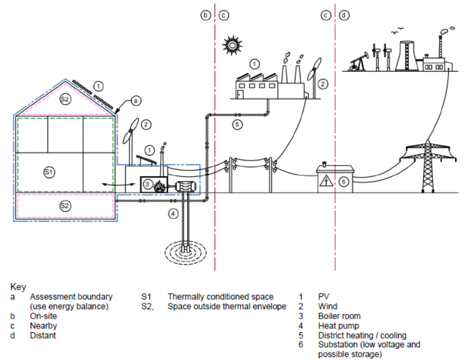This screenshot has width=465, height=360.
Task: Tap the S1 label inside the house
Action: [x=49, y=172]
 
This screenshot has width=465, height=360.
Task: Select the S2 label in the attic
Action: [x=65, y=99]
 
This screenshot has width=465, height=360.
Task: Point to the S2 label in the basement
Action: [x=65, y=205]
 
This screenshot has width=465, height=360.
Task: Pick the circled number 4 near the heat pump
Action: [x=173, y=214]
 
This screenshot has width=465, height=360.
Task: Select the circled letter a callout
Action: [x=136, y=101]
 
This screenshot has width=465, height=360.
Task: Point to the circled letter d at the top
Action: [x=344, y=15]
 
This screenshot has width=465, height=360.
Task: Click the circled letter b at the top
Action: [x=205, y=15]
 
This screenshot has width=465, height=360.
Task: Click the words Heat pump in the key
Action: [x=339, y=326]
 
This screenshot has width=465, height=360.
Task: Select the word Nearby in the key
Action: [x=43, y=326]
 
